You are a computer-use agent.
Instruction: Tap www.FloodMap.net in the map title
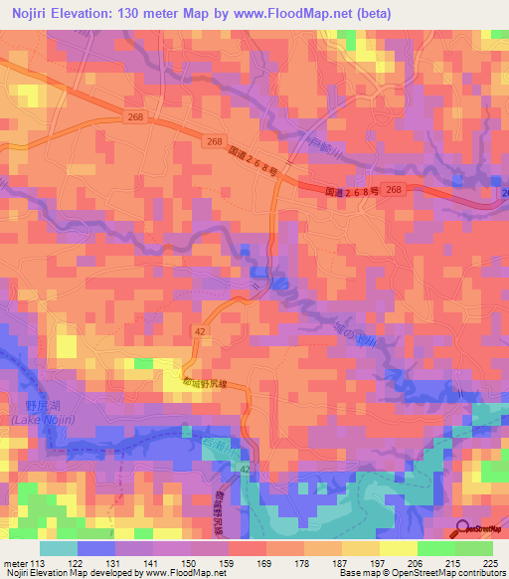(x=296, y=14)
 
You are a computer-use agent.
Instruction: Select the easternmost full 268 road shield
(x=396, y=189)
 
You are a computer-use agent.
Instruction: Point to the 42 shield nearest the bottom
(x=245, y=468)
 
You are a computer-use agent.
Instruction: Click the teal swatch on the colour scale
(x=58, y=548)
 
